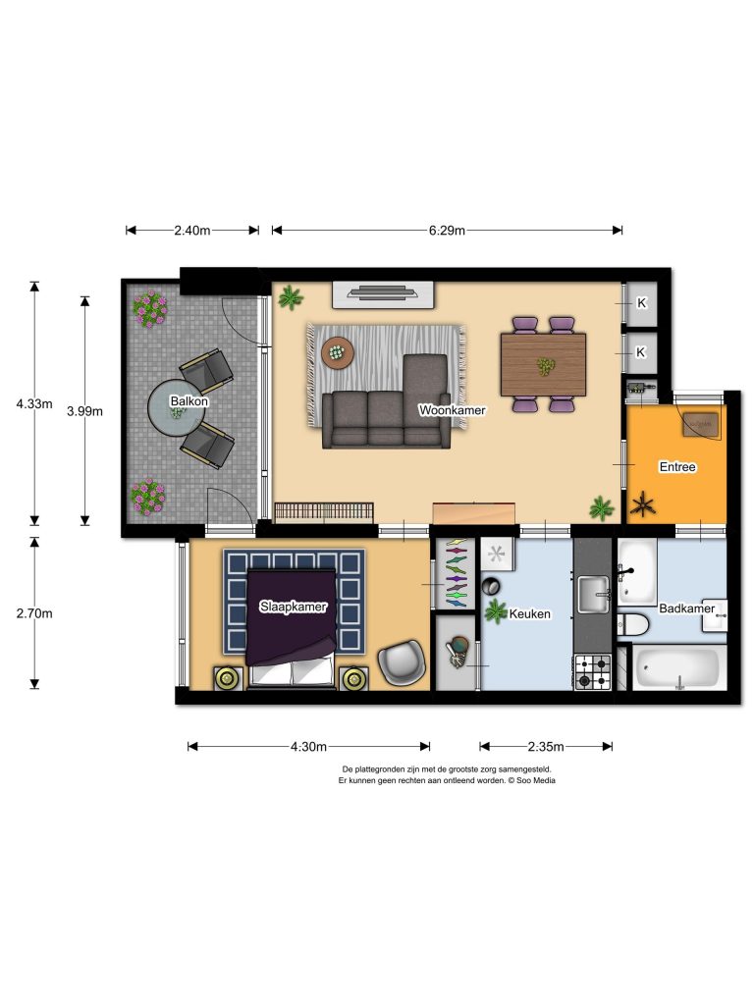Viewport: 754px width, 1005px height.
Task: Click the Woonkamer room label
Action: (452, 409)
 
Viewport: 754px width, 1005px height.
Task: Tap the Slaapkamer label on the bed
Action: (293, 607)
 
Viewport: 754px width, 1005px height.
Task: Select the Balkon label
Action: (189, 401)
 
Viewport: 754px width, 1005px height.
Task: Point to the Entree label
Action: (677, 466)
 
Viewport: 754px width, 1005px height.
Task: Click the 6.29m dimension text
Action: (447, 230)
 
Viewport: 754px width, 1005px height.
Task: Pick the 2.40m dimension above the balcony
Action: (192, 230)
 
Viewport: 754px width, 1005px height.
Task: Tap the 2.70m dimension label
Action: (34, 613)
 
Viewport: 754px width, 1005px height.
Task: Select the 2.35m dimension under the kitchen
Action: (546, 746)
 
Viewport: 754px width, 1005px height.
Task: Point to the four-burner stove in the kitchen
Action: (592, 671)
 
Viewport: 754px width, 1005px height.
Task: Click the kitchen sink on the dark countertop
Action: (594, 594)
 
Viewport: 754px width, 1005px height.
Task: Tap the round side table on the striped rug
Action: (338, 352)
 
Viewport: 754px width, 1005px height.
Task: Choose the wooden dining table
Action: (543, 365)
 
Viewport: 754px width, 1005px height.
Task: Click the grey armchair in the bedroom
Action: (402, 662)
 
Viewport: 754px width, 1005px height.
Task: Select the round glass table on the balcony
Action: (177, 408)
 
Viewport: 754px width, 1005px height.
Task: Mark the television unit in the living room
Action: (384, 294)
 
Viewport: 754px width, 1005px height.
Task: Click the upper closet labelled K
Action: (641, 303)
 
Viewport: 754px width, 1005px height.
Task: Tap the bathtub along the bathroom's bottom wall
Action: (679, 668)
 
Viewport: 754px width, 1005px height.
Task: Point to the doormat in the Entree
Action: (701, 423)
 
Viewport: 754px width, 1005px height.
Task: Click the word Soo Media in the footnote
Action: (536, 780)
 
